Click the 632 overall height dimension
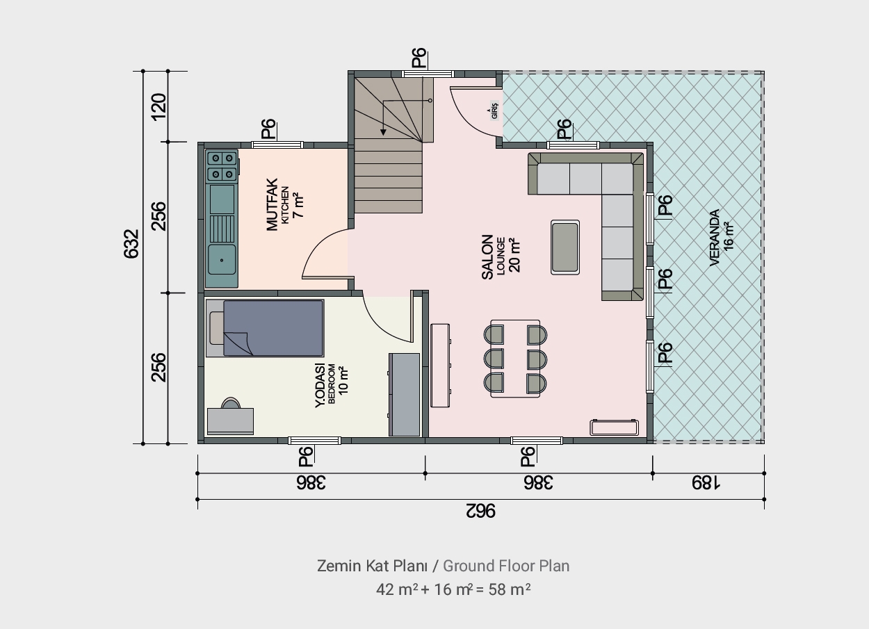(x=131, y=243)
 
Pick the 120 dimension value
(x=159, y=106)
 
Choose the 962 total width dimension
(x=480, y=511)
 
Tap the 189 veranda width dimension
(x=706, y=483)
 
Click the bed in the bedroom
(x=265, y=328)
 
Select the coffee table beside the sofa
(x=565, y=247)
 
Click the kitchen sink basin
(x=222, y=259)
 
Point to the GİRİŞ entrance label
(x=494, y=110)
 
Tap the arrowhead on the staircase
(x=383, y=132)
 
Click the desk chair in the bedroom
(x=231, y=403)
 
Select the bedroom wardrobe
(x=404, y=394)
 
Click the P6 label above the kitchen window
(x=268, y=129)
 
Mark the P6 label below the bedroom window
(x=306, y=456)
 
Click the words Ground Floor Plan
(x=506, y=566)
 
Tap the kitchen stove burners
(x=222, y=166)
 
